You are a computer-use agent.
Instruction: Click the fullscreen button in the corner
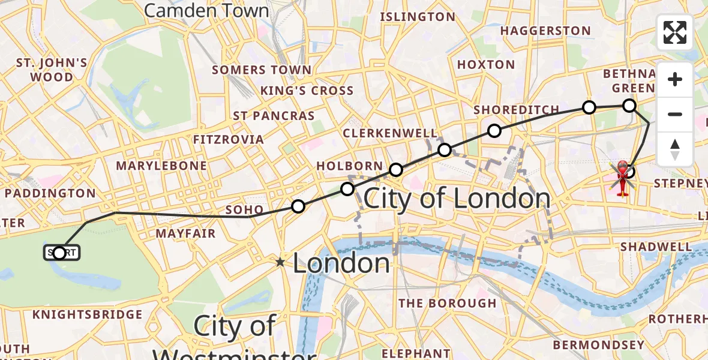coord(675,32)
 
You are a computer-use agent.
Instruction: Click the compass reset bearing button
coord(675,149)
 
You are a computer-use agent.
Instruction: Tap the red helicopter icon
coord(622,177)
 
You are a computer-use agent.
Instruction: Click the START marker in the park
coord(60,253)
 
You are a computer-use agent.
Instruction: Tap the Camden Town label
coord(206,10)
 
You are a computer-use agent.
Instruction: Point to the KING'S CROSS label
coord(307,91)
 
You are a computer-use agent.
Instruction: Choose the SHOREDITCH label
coord(516,110)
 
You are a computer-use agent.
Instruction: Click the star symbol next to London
coord(280,262)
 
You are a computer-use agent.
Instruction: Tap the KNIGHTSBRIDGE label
coord(88,314)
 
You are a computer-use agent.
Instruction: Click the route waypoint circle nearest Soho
coord(298,207)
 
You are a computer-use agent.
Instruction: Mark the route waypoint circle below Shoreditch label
coord(494,131)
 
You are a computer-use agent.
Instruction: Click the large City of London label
coord(457,199)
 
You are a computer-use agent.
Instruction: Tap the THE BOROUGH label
coord(448,303)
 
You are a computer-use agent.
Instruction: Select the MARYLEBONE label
coord(161,165)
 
